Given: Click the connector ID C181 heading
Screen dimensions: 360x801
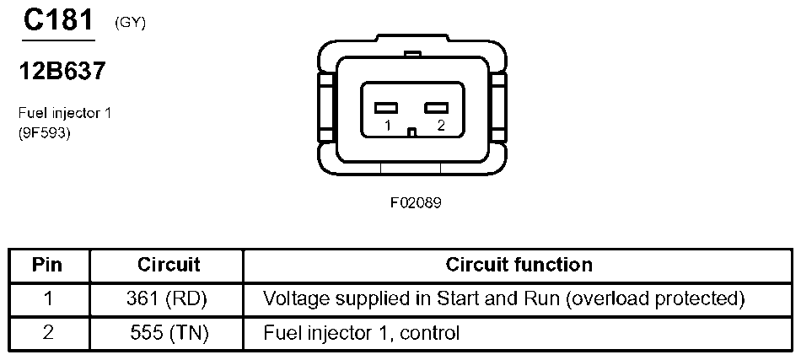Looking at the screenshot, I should [x=57, y=20].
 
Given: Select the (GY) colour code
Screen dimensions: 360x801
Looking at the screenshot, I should [x=130, y=23].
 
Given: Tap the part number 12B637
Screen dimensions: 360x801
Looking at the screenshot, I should [x=62, y=72].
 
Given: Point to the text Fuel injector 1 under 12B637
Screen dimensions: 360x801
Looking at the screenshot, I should [x=64, y=112].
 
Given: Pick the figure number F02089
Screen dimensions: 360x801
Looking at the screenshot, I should [x=415, y=202].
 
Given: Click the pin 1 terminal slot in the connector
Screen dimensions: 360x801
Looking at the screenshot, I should [x=386, y=108].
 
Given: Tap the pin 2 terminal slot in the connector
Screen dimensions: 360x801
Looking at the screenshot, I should [x=435, y=108].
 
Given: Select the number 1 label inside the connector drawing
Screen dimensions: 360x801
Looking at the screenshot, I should [x=387, y=126].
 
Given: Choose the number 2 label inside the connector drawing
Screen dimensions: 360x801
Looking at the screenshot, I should [x=439, y=126].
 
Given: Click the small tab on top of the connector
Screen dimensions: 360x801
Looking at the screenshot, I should [x=411, y=56].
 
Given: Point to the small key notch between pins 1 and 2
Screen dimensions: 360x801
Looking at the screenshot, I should [x=411, y=132].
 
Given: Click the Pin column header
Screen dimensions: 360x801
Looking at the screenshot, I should [x=48, y=265].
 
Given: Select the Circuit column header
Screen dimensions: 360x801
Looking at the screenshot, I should [x=169, y=265].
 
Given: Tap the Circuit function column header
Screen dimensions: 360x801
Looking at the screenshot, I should [x=519, y=265].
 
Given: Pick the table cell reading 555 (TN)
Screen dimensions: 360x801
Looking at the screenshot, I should [x=169, y=332].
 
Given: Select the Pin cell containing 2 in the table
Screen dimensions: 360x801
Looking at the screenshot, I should [x=48, y=332].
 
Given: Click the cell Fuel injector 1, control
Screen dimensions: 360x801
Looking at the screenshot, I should [x=362, y=332].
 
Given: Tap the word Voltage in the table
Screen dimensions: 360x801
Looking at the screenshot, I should [x=291, y=298].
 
